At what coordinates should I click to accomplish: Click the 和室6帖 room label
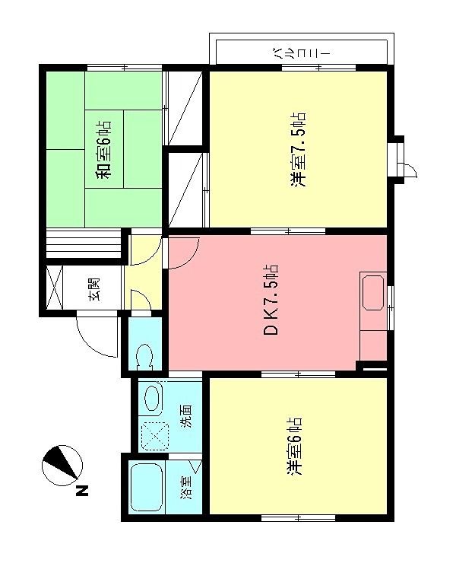coord(103,150)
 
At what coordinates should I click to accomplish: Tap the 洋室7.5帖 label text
coord(298,150)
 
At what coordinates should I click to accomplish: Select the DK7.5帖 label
coord(270,300)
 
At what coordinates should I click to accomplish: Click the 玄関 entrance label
coord(94,289)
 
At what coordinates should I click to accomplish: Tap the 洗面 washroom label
coord(186,416)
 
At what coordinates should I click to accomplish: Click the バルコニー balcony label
coord(299,54)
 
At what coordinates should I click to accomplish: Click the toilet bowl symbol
coord(145,357)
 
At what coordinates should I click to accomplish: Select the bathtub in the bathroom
coord(147,487)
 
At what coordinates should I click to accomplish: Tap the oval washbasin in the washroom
coord(154,398)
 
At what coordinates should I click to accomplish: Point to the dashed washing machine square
coord(155,437)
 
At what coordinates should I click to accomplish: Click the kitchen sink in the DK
coord(373,292)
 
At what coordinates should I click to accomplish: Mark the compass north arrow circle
coord(62,466)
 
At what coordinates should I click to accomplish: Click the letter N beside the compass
coord(82,491)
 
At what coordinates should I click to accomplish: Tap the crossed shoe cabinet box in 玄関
coord(55,288)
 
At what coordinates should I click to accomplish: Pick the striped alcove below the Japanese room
coord(84,243)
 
